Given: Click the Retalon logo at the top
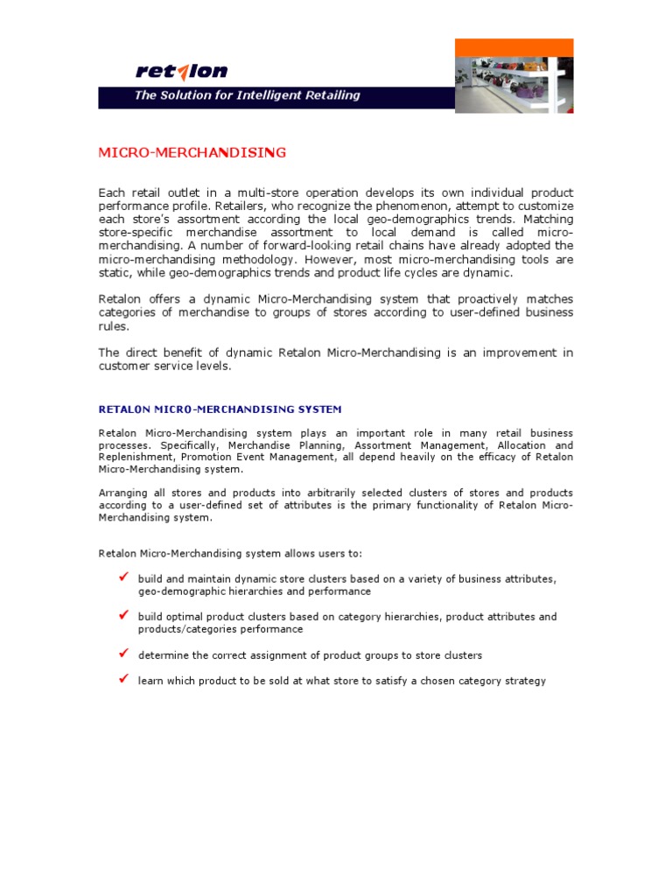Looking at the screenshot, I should [x=181, y=71].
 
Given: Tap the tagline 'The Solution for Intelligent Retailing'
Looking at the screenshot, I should [x=247, y=95].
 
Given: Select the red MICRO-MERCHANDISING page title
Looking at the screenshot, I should [x=192, y=153].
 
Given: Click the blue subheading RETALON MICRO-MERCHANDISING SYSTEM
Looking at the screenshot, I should [x=220, y=409].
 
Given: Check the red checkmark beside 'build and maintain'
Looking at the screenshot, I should [x=123, y=578].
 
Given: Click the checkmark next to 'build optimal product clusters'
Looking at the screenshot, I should [x=123, y=616].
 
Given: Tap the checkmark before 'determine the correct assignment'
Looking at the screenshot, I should [x=123, y=654].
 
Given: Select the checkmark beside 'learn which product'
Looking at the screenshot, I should [x=123, y=679].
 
